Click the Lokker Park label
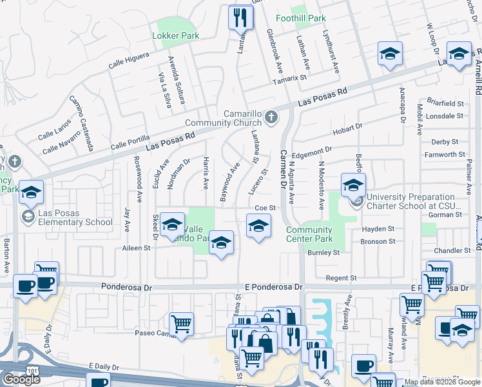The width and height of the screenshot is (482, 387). click(175, 36)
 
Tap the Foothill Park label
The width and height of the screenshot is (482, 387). click(301, 19)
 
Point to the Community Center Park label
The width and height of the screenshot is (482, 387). click(309, 235)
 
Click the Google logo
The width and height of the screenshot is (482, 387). click(21, 379)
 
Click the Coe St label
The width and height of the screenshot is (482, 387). click(265, 208)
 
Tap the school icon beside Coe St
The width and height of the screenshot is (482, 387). click(258, 226)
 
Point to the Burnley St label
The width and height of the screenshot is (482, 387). click(323, 253)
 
